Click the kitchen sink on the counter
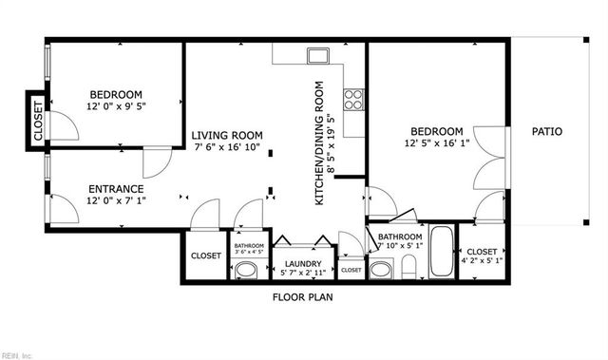[318, 54]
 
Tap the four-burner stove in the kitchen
[353, 98]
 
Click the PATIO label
[546, 132]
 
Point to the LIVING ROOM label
[227, 135]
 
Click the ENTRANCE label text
[116, 188]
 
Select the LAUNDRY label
[299, 263]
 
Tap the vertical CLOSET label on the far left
[39, 120]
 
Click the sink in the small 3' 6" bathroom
[246, 271]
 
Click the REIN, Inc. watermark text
[17, 355]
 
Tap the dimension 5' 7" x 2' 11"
[299, 273]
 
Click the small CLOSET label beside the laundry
[351, 271]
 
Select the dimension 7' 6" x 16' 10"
[227, 147]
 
